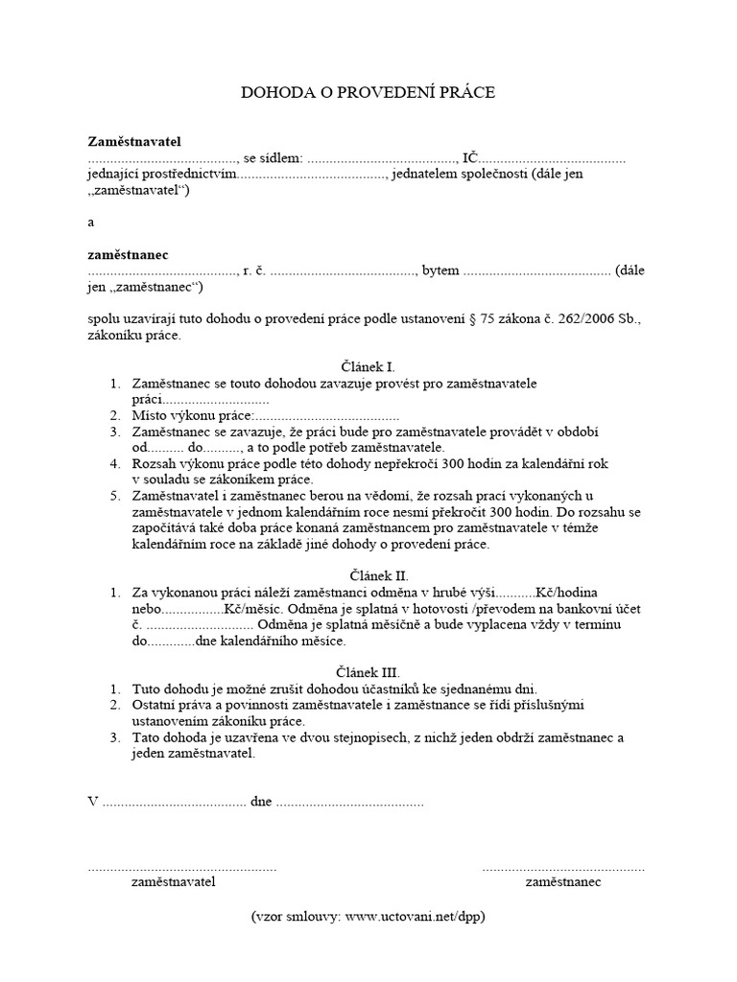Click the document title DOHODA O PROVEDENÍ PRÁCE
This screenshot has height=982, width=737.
368,93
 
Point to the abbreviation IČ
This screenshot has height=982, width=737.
470,158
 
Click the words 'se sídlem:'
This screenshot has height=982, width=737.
273,158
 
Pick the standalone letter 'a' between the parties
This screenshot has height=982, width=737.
91,222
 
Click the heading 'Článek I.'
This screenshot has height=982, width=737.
368,367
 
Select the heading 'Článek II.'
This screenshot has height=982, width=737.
368,575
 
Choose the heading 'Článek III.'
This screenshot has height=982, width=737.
368,672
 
